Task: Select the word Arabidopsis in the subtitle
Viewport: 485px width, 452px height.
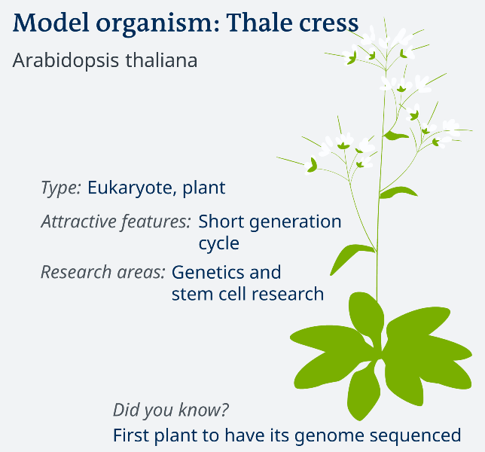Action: coord(66,61)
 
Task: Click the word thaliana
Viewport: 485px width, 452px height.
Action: coord(161,60)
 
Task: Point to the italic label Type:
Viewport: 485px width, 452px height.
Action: coord(61,188)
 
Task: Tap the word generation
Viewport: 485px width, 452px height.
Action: coord(295,222)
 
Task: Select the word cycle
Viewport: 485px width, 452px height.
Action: coord(218,244)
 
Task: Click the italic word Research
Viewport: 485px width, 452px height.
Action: coord(76,272)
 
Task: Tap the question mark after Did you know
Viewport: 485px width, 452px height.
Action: coord(224,410)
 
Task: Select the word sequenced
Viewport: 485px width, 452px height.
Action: coord(416,436)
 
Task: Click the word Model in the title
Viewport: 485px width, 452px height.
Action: coord(51,23)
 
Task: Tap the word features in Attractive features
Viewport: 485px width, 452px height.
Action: coord(156,221)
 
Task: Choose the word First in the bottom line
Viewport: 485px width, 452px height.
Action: coord(131,435)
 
